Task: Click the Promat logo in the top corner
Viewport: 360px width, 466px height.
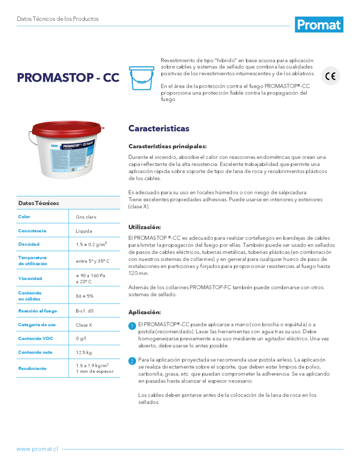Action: [319, 24]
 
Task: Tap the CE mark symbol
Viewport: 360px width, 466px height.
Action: [331, 76]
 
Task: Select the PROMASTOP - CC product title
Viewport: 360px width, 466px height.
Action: [68, 77]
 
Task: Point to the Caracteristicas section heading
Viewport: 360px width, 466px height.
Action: [159, 128]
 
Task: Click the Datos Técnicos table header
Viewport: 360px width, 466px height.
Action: [39, 203]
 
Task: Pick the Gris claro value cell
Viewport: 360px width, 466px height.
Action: [86, 217]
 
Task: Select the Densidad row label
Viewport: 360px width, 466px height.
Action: [29, 244]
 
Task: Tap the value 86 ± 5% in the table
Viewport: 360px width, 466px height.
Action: [85, 296]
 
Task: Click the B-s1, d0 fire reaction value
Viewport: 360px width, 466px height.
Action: [85, 311]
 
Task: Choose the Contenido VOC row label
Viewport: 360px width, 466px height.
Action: [35, 338]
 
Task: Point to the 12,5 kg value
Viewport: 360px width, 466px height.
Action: [84, 353]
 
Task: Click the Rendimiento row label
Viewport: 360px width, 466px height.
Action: [32, 368]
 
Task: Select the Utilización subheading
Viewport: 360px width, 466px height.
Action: [144, 227]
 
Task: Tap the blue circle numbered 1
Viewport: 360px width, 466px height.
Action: [132, 325]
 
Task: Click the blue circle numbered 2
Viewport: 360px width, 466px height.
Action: [132, 361]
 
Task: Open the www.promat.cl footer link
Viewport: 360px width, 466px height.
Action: [37, 449]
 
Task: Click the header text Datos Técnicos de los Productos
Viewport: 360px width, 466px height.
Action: [58, 19]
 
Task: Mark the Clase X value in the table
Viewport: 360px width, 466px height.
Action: [84, 325]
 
